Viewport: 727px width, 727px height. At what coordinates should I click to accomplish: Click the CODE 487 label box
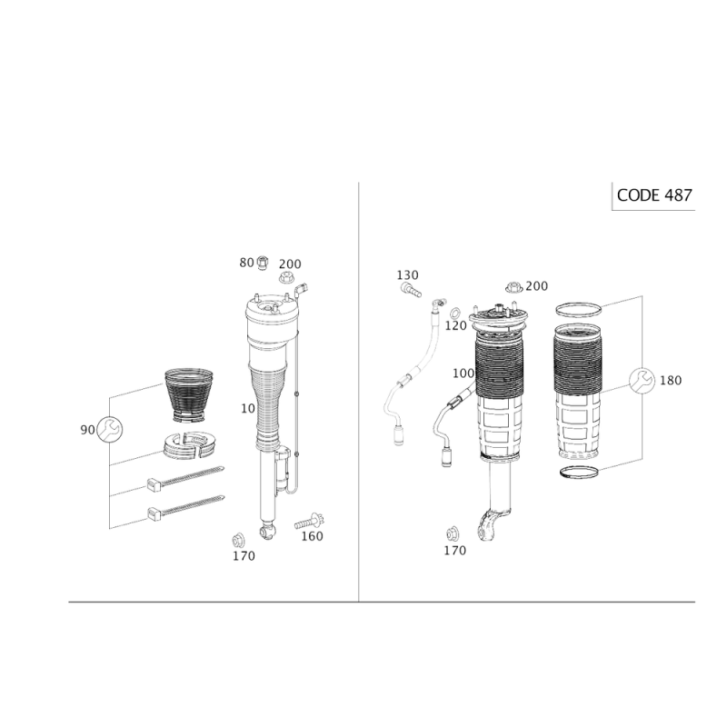click(653, 195)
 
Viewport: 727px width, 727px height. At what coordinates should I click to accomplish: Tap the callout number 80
click(246, 263)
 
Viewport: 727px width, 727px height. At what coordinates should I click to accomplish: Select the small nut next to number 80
click(263, 263)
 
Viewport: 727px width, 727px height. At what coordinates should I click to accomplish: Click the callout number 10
click(247, 408)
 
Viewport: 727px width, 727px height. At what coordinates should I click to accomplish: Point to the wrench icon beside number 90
click(110, 429)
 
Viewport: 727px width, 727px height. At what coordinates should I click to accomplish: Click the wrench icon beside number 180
click(642, 380)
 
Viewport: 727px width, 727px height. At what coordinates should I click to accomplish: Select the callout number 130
click(407, 275)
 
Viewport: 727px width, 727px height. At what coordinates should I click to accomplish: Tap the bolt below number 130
click(411, 290)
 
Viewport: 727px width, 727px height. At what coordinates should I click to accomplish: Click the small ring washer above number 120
click(456, 310)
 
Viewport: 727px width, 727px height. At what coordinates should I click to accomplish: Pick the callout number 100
click(463, 373)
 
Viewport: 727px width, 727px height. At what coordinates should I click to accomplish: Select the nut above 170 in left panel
click(238, 540)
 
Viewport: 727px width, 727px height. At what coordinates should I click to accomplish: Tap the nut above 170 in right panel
click(453, 534)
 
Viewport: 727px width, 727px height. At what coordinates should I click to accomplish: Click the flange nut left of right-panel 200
click(513, 287)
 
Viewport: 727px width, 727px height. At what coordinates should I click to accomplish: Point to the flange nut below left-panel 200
click(288, 278)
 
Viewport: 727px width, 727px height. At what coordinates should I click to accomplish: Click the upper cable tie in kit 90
click(185, 478)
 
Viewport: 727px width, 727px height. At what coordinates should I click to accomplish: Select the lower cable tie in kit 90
click(185, 507)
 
